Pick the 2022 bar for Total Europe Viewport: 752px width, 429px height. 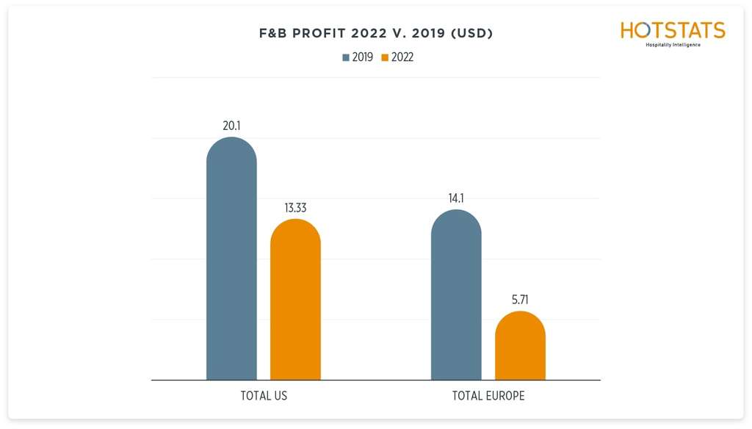pos(520,346)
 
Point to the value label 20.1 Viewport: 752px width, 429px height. pos(232,126)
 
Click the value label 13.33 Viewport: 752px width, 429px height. pos(295,208)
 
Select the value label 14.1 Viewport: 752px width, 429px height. pos(456,198)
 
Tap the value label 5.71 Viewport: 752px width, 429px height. pos(520,300)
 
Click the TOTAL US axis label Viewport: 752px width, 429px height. pos(264,396)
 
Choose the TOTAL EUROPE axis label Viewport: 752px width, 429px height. pos(488,396)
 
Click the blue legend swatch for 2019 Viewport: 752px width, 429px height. pos(346,57)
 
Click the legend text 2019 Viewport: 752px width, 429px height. pos(363,57)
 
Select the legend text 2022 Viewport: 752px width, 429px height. pos(402,57)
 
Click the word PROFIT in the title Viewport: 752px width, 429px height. pos(325,34)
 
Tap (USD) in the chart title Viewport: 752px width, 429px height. pos(470,34)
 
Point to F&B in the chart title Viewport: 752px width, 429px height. pos(275,34)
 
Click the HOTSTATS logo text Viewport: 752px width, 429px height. pos(673,30)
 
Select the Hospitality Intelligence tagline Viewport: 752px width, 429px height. pos(673,45)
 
